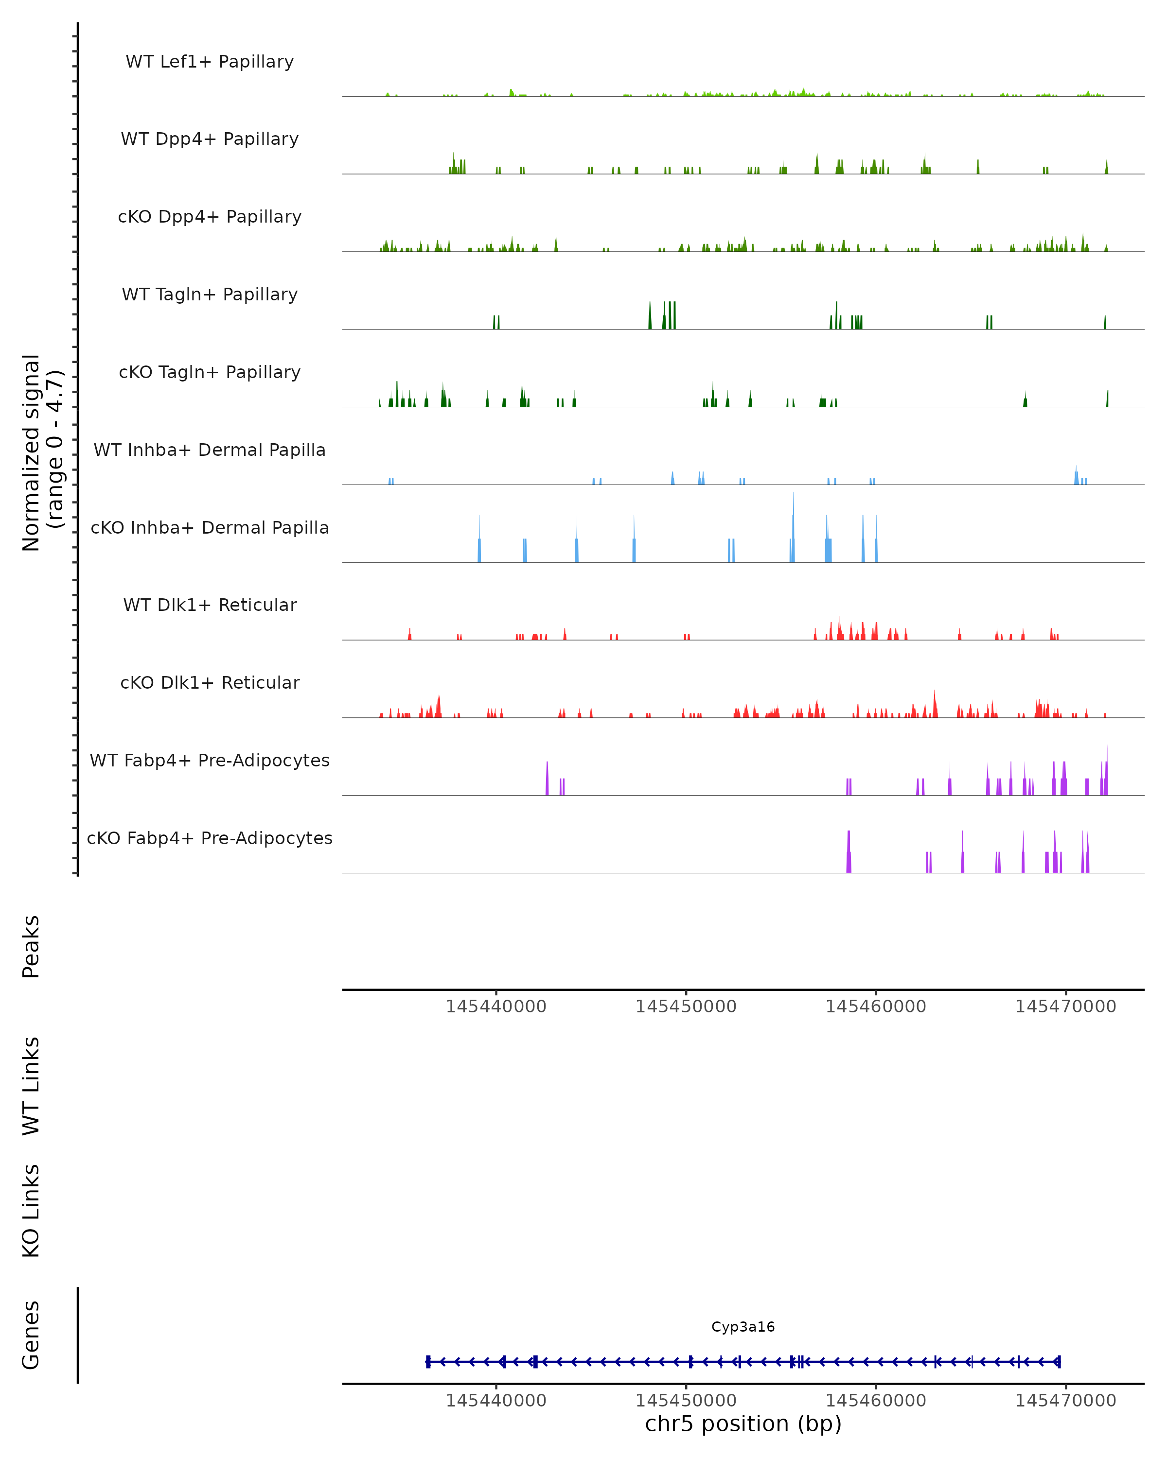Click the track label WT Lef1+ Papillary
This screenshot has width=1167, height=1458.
pyautogui.click(x=210, y=62)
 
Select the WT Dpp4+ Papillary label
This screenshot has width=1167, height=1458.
pyautogui.click(x=210, y=139)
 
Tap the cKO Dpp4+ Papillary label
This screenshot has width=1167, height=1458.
pyautogui.click(x=210, y=217)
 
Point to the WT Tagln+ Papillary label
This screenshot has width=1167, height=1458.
pyautogui.click(x=210, y=295)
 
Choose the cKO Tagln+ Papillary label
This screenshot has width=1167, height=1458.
pyautogui.click(x=210, y=373)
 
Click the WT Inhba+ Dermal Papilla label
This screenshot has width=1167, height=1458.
pyautogui.click(x=210, y=451)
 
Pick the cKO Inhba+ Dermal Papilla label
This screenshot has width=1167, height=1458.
pyautogui.click(x=210, y=528)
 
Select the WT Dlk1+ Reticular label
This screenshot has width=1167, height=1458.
pyautogui.click(x=210, y=605)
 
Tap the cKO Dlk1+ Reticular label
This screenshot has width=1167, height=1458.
pyautogui.click(x=210, y=683)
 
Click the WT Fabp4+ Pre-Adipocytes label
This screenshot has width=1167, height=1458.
pyautogui.click(x=210, y=761)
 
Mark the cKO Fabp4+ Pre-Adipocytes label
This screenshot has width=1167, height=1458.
pyautogui.click(x=210, y=838)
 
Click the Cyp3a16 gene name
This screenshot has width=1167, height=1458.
pyautogui.click(x=743, y=1327)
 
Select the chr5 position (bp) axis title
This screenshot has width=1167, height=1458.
pyautogui.click(x=743, y=1423)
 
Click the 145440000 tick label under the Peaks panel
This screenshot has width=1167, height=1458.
pyautogui.click(x=496, y=1007)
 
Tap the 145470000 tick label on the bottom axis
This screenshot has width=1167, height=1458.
pyautogui.click(x=1065, y=1401)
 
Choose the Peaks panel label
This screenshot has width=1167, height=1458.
pyautogui.click(x=31, y=947)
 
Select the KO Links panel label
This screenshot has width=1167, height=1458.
pyautogui.click(x=31, y=1211)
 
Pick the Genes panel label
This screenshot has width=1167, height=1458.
pyautogui.click(x=31, y=1335)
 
